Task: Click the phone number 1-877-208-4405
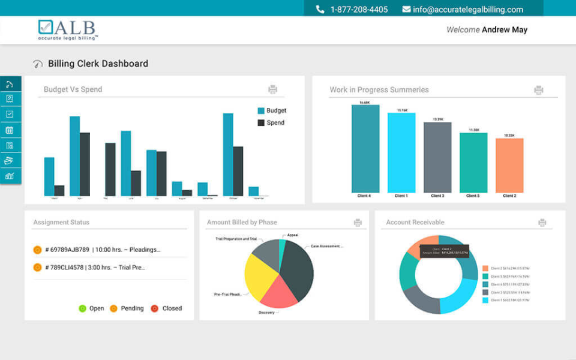pyautogui.click(x=359, y=10)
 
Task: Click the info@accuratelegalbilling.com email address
pyautogui.click(x=468, y=10)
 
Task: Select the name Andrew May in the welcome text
pyautogui.click(x=505, y=29)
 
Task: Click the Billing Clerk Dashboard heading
pyautogui.click(x=98, y=64)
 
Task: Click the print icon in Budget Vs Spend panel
pyautogui.click(x=272, y=89)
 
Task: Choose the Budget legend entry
pyautogui.click(x=276, y=110)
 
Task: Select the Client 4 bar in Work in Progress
pyautogui.click(x=365, y=149)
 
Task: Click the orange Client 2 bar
pyautogui.click(x=509, y=165)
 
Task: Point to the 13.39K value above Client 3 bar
pyautogui.click(x=437, y=119)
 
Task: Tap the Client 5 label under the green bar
pyautogui.click(x=473, y=196)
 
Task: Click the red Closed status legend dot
pyautogui.click(x=154, y=308)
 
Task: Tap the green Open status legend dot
pyautogui.click(x=83, y=308)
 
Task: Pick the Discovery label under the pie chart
pyautogui.click(x=267, y=313)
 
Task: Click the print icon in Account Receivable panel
pyautogui.click(x=542, y=223)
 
